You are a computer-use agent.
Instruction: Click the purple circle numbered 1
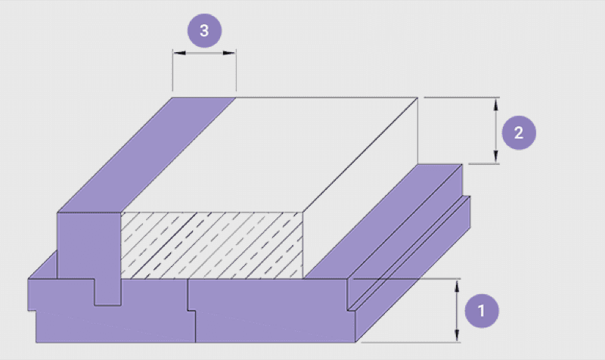(482, 311)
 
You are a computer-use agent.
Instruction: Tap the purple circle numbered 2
(519, 133)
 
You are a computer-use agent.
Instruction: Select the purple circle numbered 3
(204, 30)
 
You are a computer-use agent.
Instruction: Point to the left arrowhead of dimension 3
(179, 53)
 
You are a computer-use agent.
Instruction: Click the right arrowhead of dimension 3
(230, 53)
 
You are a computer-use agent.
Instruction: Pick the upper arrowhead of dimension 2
(496, 104)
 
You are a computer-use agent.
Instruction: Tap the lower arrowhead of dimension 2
(496, 157)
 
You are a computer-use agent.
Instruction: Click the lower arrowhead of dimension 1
(458, 335)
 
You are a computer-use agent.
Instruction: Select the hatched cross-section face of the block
(212, 245)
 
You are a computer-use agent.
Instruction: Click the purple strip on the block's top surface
(147, 155)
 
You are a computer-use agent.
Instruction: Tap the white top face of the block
(269, 155)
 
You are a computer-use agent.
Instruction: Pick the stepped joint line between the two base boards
(191, 311)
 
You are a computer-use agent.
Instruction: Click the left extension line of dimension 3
(173, 70)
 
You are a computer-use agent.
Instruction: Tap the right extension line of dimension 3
(236, 70)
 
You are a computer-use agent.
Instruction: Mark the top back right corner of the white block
(418, 98)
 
